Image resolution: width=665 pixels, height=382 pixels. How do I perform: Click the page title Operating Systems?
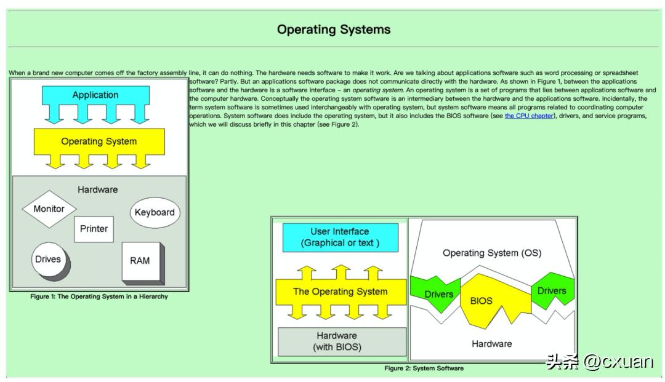click(x=333, y=30)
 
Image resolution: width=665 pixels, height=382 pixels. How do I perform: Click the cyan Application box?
click(x=95, y=95)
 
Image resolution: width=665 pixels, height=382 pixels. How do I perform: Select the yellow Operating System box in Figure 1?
click(x=99, y=141)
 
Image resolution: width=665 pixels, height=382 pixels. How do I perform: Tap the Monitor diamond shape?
click(x=49, y=209)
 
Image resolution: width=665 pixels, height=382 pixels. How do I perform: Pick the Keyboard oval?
click(x=155, y=213)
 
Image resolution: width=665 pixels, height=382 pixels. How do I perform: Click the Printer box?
click(x=94, y=229)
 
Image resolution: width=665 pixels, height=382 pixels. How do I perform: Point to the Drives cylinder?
click(x=49, y=260)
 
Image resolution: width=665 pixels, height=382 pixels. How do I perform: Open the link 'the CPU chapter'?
click(x=528, y=116)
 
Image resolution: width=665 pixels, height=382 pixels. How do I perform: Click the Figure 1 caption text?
click(x=99, y=296)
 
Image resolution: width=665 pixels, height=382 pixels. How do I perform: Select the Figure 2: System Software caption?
click(x=424, y=368)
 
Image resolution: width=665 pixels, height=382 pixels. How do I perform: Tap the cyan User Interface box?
click(x=340, y=237)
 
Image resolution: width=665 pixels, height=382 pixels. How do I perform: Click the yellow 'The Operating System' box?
click(x=340, y=292)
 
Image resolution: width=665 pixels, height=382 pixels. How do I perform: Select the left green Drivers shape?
click(x=437, y=292)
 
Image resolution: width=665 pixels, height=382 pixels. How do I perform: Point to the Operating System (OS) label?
click(x=492, y=253)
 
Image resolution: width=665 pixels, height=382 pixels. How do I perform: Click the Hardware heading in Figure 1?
click(x=97, y=189)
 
